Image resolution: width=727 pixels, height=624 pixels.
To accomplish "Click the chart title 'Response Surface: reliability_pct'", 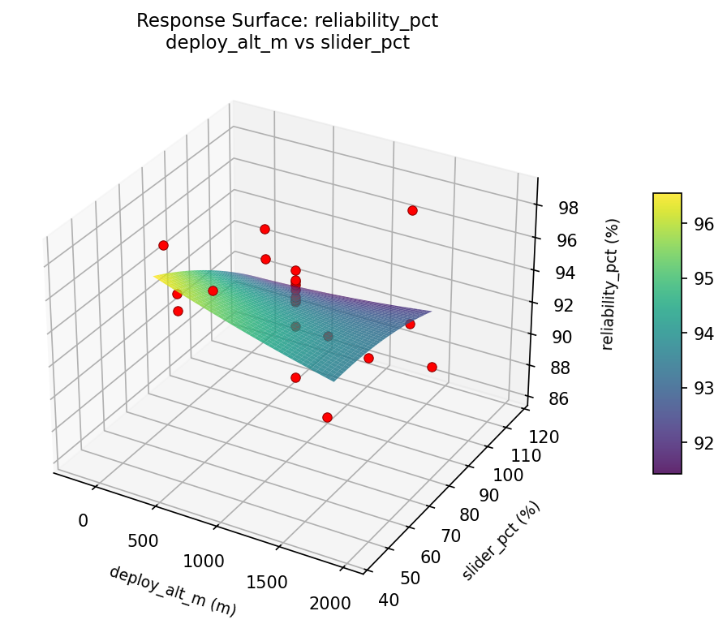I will point(287,20).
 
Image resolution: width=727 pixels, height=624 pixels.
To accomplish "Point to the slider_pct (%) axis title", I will point(501,541).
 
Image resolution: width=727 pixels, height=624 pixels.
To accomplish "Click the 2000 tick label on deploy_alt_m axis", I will point(330,603).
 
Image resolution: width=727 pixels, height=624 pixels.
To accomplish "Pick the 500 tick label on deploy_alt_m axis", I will point(143,540).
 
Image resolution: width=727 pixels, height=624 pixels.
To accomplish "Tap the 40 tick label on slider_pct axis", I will point(389,600).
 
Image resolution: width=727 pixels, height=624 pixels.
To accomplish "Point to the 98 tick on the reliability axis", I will point(568,209).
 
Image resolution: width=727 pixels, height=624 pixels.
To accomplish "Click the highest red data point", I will point(412,211).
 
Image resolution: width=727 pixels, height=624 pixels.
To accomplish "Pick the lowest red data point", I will point(327,417).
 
